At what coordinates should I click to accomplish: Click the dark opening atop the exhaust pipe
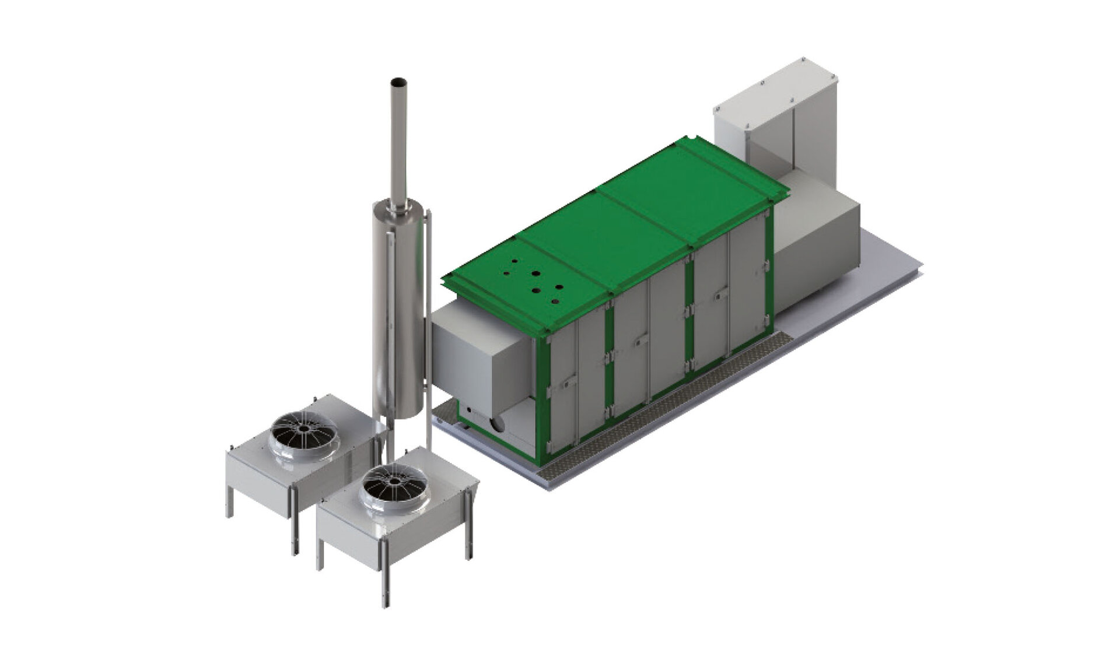tap(398, 81)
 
